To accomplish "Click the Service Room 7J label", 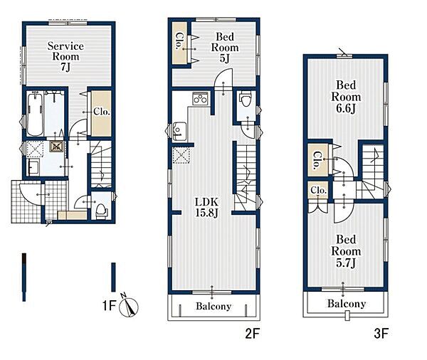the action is [x=65, y=56].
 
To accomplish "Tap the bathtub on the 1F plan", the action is [x=35, y=114].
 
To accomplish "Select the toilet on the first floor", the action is [x=100, y=210].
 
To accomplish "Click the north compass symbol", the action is [x=129, y=306].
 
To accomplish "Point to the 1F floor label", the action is [x=110, y=305].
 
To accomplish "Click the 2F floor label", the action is [x=253, y=334].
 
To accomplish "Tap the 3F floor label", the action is [x=381, y=334].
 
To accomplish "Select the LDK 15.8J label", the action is [x=206, y=207].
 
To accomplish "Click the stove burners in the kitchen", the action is [x=200, y=98].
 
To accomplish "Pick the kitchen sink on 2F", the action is [x=179, y=132].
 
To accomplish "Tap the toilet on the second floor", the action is [x=245, y=100].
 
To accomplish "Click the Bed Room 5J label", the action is [x=225, y=48].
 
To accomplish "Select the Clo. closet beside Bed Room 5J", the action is [x=179, y=42].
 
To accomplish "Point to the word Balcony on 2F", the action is [x=213, y=307].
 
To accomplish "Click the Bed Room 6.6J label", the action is [x=346, y=97].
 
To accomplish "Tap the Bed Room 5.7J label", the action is [x=346, y=251].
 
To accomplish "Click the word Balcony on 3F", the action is [x=347, y=304].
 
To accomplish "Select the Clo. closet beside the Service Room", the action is [x=101, y=113].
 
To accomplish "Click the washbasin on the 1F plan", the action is [x=34, y=166].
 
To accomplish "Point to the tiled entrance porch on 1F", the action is [x=26, y=201].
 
